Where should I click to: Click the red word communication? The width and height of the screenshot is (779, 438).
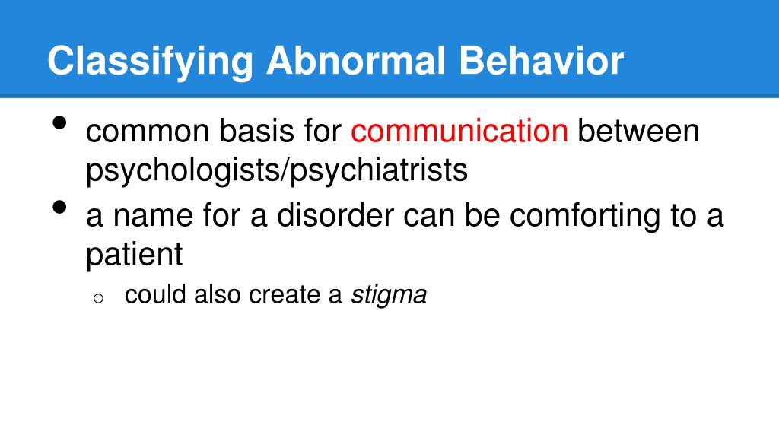pyautogui.click(x=459, y=132)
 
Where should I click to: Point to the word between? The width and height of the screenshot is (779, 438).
pyautogui.click(x=638, y=132)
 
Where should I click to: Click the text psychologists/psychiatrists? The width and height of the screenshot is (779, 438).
pyautogui.click(x=276, y=170)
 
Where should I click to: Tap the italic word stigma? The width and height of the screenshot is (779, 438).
pyautogui.click(x=389, y=295)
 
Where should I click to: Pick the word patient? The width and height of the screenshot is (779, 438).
pyautogui.click(x=135, y=255)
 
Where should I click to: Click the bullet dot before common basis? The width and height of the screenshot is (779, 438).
pyautogui.click(x=60, y=125)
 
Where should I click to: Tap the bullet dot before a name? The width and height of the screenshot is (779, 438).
pyautogui.click(x=60, y=208)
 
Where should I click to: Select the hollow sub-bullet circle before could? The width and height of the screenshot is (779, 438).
pyautogui.click(x=97, y=298)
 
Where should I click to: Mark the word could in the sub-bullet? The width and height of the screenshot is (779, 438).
pyautogui.click(x=155, y=295)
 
